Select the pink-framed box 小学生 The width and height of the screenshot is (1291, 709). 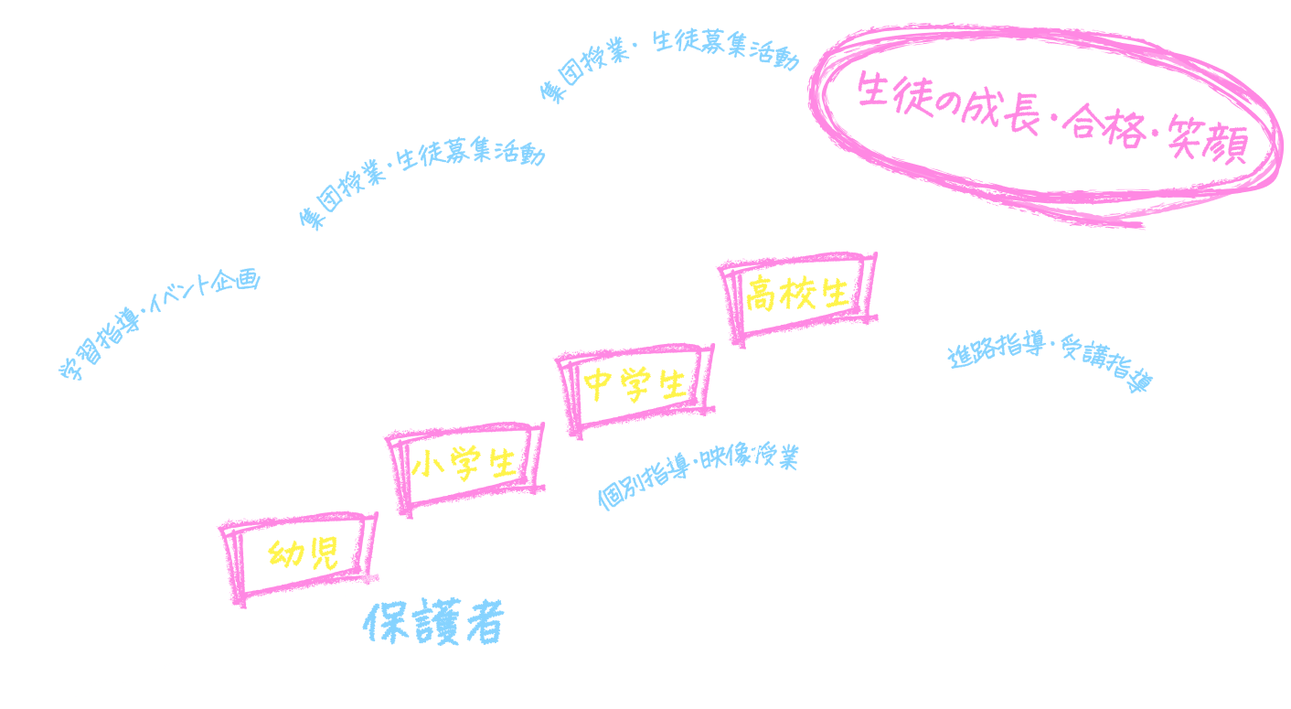(x=463, y=466)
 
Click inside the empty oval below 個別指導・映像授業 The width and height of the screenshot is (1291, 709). (x=719, y=549)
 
